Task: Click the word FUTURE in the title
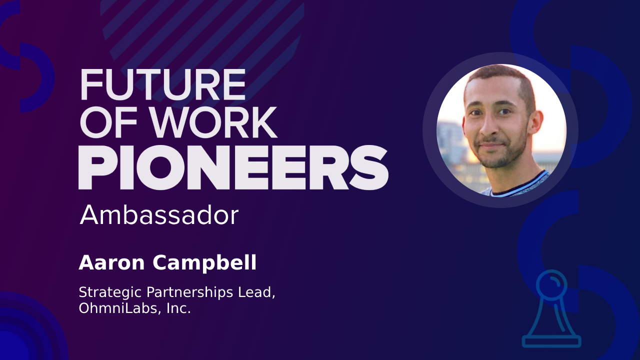coord(163,84)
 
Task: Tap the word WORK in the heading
coord(213,123)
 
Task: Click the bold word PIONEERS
coord(233,167)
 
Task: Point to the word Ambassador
coord(159,215)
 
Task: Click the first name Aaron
coord(111,263)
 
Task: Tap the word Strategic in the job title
coord(110,293)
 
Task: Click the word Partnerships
coord(189,293)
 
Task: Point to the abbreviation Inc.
coord(178,308)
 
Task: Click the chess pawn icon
coord(551,309)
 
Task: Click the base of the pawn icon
coord(551,341)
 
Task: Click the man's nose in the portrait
coord(489,125)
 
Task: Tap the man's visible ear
coord(535,121)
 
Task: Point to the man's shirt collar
coord(520,185)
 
